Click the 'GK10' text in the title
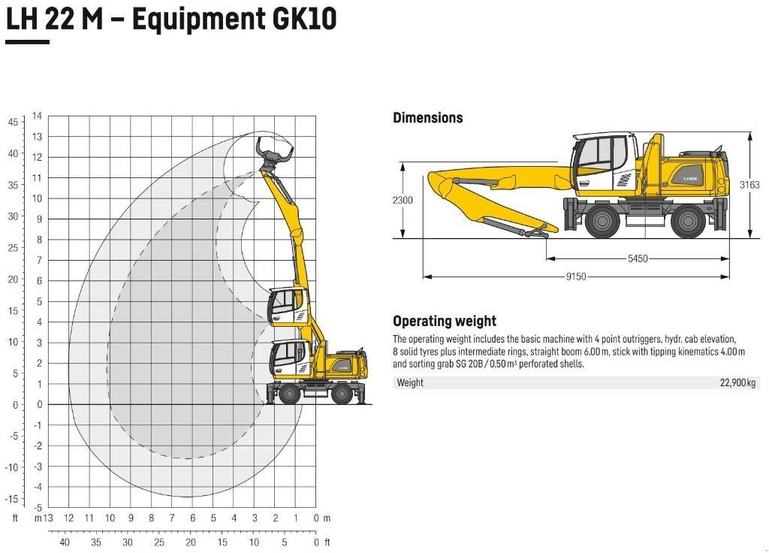[298, 19]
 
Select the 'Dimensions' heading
[427, 118]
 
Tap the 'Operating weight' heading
[444, 322]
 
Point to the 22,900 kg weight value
[738, 383]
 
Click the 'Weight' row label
[410, 383]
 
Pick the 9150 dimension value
[575, 276]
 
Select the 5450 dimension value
[637, 258]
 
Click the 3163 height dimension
[749, 185]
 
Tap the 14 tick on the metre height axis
[37, 116]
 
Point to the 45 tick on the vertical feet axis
[13, 122]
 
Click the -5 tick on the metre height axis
[37, 507]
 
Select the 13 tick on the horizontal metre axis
[47, 518]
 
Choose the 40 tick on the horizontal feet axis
[65, 542]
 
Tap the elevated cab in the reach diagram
[288, 304]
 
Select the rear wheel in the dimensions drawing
[688, 221]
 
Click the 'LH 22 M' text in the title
[54, 19]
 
